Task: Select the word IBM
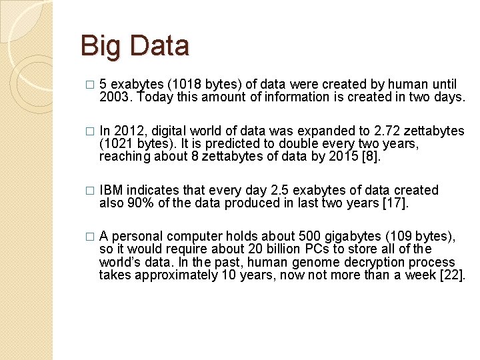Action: (111, 191)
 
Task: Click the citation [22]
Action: (452, 275)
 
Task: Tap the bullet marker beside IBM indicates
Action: (91, 191)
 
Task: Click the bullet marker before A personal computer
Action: (91, 237)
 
